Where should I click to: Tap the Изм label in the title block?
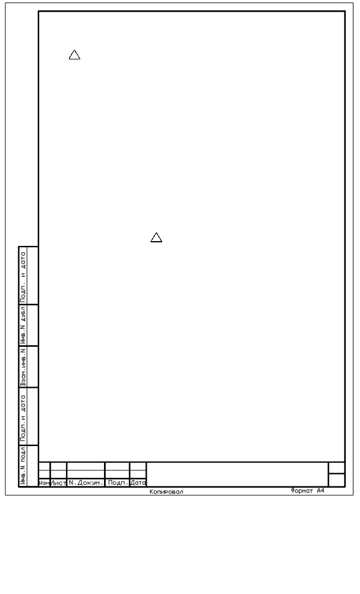45,483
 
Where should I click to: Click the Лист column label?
58,483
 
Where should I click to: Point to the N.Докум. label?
86,483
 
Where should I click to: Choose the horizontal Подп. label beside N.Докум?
118,483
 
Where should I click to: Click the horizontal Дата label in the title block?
138,483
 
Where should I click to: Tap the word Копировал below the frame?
166,492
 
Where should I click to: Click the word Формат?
302,491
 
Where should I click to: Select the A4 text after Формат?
321,491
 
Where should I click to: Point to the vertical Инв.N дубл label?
23,325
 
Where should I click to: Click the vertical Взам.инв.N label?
23,366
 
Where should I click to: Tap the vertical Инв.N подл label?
23,466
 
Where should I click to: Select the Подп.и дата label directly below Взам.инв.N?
23,418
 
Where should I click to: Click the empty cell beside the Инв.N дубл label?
33,325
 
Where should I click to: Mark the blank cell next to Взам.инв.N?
33,366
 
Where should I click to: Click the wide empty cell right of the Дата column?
237,474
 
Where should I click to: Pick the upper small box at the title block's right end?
336,468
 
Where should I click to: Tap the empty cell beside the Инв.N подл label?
33,466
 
